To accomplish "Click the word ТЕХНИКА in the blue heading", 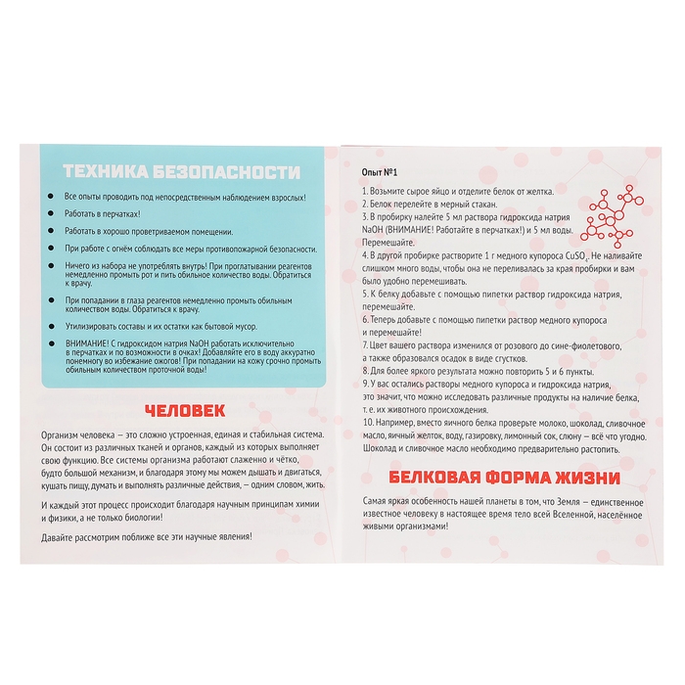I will [101, 173].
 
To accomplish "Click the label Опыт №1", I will [379, 170].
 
